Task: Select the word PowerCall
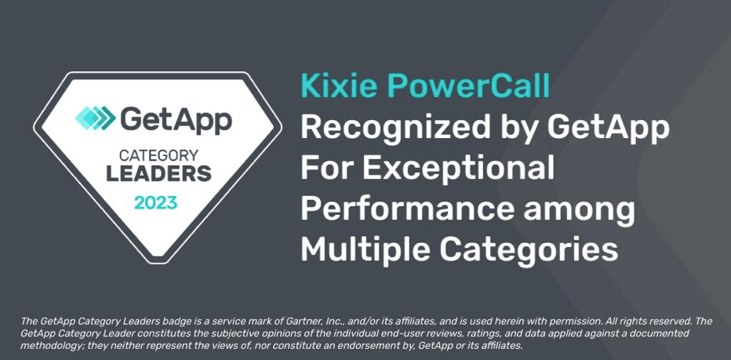tap(468, 85)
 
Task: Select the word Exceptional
tap(458, 169)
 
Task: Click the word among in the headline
tap(579, 210)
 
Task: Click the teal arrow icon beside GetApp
tap(96, 118)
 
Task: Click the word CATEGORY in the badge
tap(159, 155)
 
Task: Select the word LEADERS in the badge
tap(159, 173)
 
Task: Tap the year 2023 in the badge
tap(156, 203)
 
